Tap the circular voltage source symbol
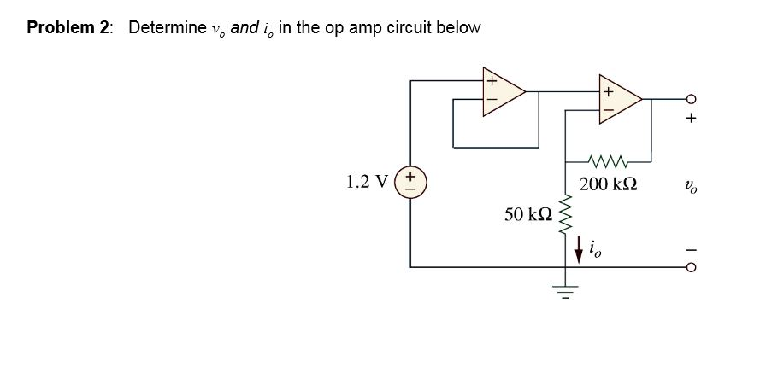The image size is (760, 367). (411, 182)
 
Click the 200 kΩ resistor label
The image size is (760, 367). (608, 183)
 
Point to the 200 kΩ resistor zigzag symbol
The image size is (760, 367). (608, 160)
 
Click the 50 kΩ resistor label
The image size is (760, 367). (527, 214)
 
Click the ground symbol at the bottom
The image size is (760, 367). (564, 290)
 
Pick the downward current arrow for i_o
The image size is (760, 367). (579, 250)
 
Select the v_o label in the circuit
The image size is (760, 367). (692, 184)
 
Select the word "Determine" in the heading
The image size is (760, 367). (167, 27)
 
